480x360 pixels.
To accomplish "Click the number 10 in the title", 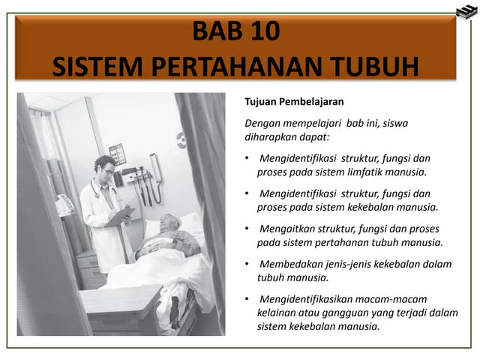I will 263,31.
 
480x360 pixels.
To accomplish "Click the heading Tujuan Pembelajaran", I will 284,101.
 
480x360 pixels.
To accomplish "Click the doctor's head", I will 104,166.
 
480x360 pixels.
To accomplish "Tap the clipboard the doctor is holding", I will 118,217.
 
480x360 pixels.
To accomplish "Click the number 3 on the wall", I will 181,140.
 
